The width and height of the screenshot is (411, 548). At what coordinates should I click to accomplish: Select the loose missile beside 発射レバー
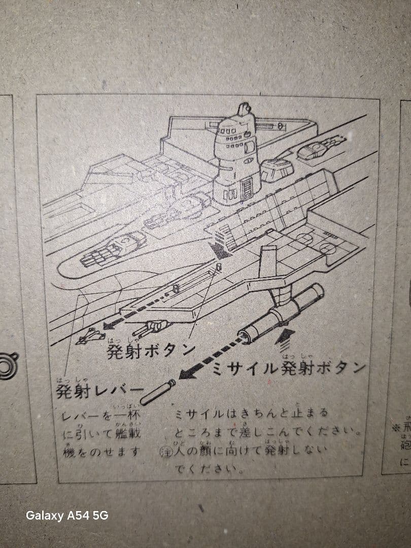tap(158, 392)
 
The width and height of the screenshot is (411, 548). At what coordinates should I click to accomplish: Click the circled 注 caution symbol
tap(164, 451)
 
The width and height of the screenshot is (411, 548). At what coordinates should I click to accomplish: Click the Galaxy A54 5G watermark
tap(67, 516)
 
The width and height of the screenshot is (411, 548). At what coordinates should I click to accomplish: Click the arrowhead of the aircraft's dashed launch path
tap(107, 325)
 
